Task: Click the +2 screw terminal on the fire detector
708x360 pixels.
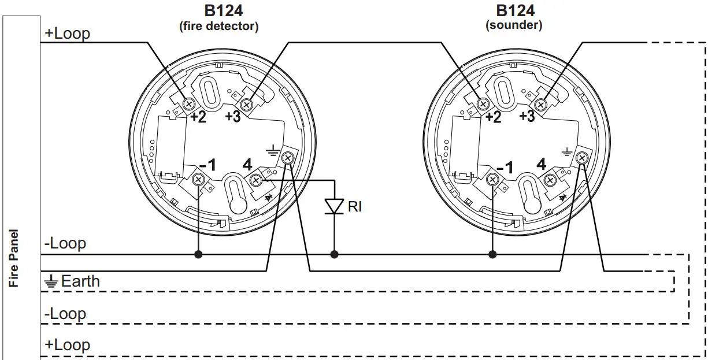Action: (x=188, y=103)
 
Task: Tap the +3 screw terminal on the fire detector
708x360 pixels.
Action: (x=247, y=105)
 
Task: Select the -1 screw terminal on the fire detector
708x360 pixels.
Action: (x=198, y=180)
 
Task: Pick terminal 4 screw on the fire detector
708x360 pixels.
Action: (x=255, y=181)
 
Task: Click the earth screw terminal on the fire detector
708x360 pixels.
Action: (x=287, y=158)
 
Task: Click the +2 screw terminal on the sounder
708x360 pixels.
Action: (x=483, y=103)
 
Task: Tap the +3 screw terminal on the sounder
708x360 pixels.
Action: (x=542, y=105)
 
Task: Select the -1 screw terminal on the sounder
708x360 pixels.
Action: (x=492, y=180)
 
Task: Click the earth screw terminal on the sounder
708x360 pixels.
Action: (x=583, y=158)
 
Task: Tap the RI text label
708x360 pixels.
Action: (x=354, y=206)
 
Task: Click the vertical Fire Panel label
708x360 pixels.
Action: (x=14, y=258)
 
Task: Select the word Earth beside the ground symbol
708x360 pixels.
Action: (x=80, y=281)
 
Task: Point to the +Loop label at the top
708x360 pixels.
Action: (x=67, y=34)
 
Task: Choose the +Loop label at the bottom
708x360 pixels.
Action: (x=67, y=345)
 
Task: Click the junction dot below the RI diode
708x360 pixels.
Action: (x=334, y=254)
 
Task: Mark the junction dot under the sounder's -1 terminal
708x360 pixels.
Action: (x=492, y=254)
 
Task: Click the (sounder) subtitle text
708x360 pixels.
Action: (x=514, y=26)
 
